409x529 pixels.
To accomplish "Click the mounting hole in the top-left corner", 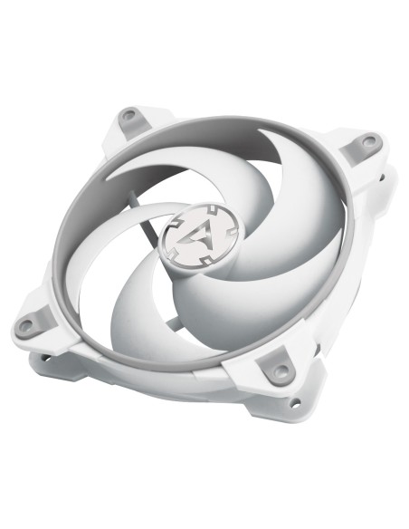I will [129, 115].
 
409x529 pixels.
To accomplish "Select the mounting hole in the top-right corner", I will [368, 140].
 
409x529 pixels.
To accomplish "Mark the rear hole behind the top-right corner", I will [387, 171].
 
